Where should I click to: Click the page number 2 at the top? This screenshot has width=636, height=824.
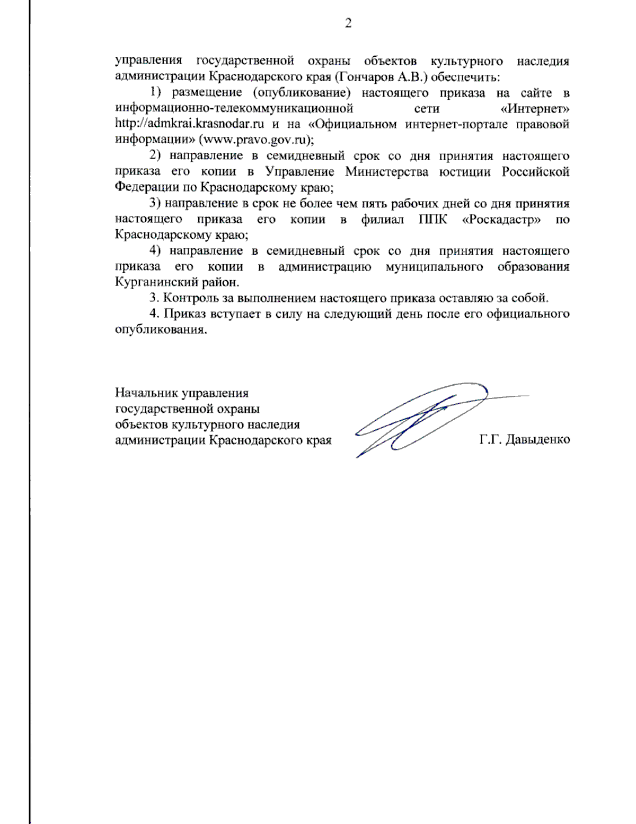348,23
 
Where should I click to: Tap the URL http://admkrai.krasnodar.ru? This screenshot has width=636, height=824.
190,124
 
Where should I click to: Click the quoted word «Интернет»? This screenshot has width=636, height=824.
534,109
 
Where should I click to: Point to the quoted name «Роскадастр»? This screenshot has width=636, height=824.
501,219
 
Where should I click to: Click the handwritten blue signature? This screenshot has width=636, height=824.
419,419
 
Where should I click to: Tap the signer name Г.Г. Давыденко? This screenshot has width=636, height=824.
525,439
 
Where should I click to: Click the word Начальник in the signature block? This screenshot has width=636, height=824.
146,393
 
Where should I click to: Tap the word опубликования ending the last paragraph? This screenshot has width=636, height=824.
160,329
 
